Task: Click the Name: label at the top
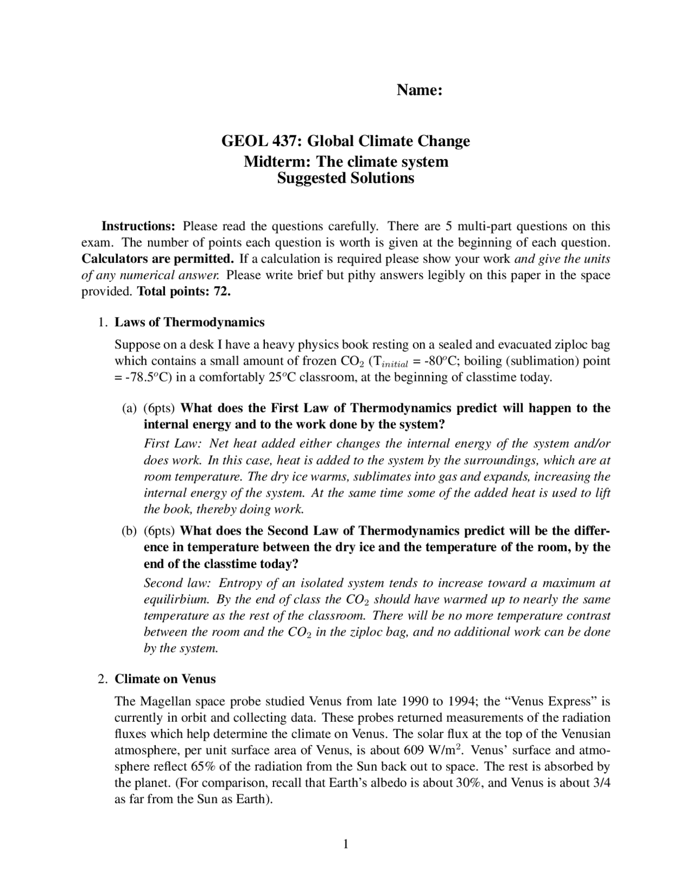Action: point(420,90)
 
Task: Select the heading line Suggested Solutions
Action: point(345,178)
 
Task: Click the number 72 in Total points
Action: point(222,292)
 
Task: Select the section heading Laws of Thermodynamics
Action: point(189,322)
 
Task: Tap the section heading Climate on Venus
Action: point(165,679)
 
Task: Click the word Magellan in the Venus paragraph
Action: point(165,702)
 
